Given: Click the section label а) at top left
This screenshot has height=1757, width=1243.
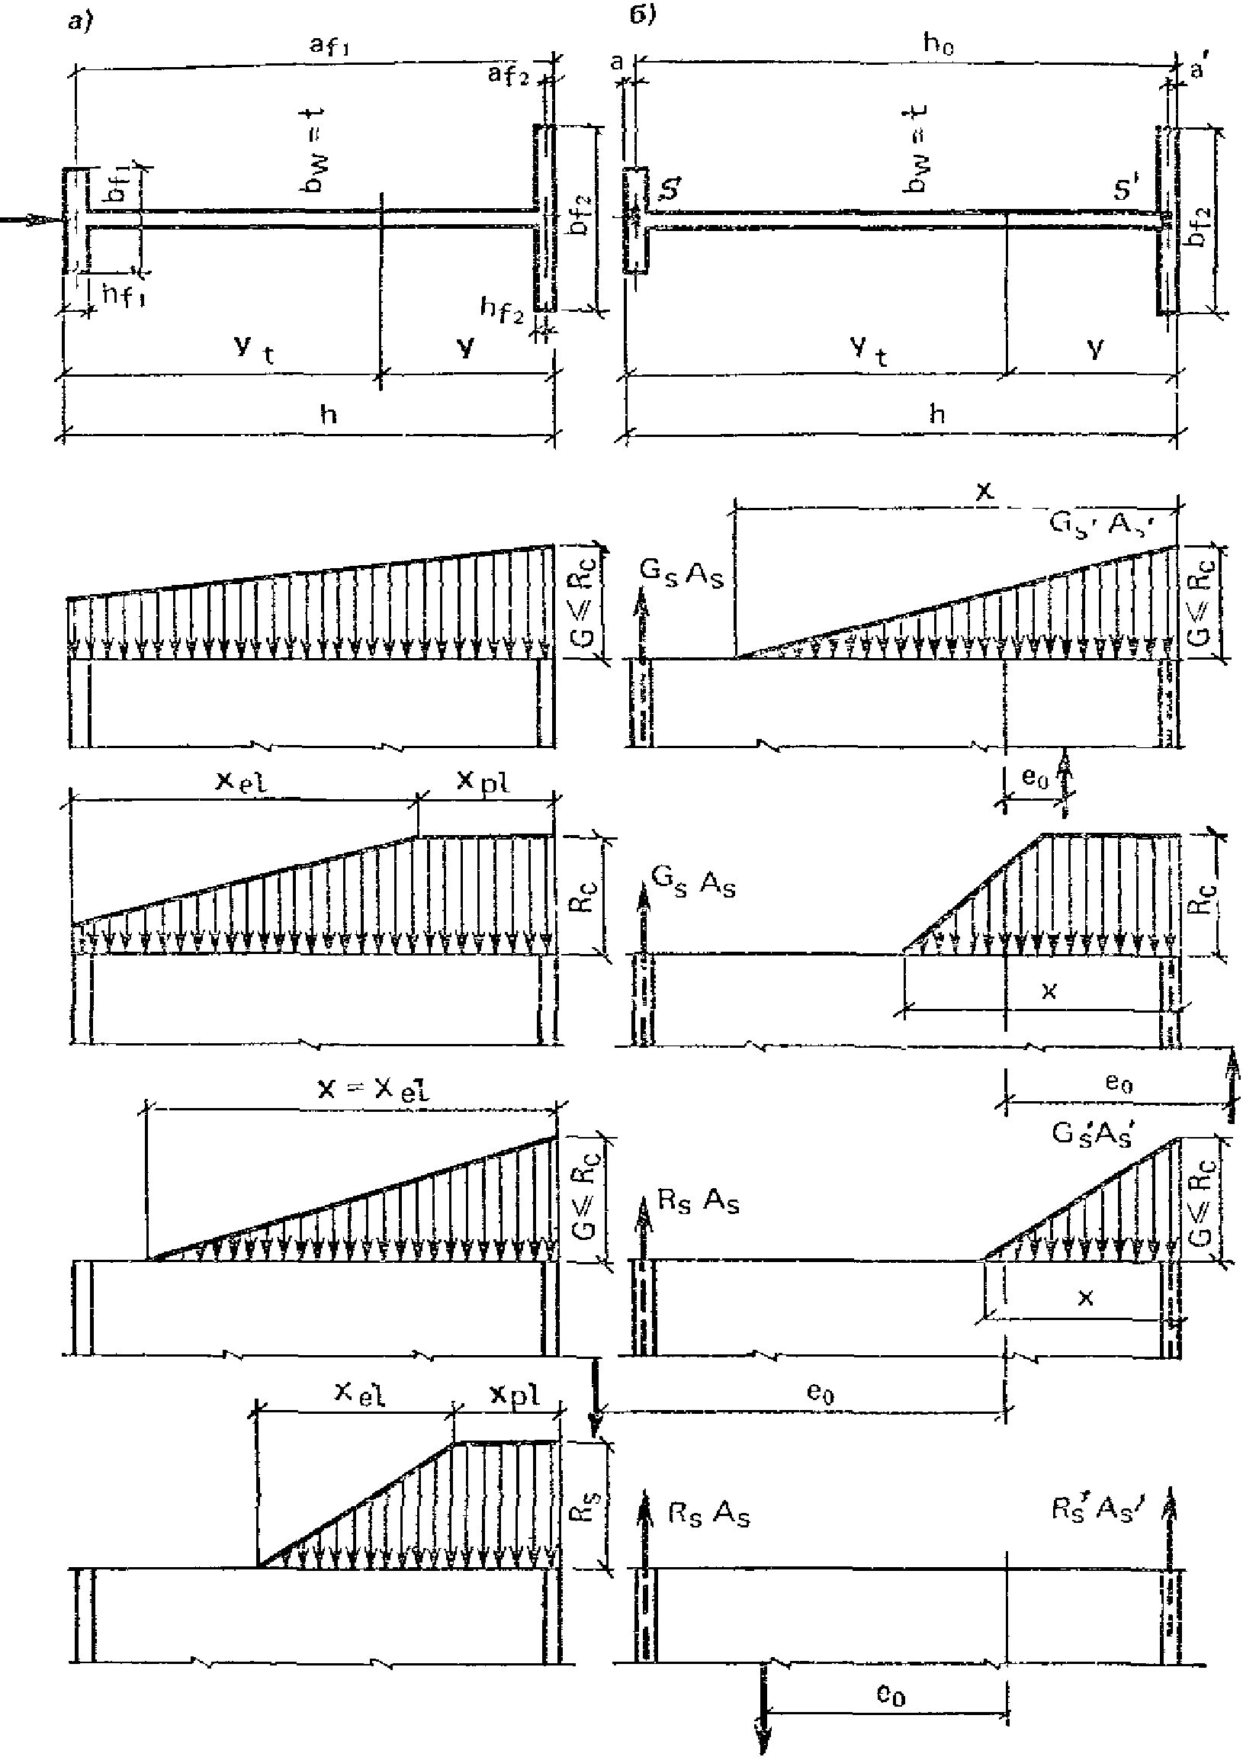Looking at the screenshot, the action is click(78, 22).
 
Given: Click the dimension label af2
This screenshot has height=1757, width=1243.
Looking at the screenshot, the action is click(509, 75).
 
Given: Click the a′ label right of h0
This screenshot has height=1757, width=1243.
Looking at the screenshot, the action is click(1197, 69).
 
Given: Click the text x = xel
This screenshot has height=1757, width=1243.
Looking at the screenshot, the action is click(374, 1088).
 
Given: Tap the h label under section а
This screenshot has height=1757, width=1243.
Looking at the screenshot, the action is click(329, 415).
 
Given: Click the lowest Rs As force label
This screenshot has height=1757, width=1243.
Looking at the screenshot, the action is click(708, 1514).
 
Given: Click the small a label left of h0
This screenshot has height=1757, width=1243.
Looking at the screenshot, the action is click(617, 63).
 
